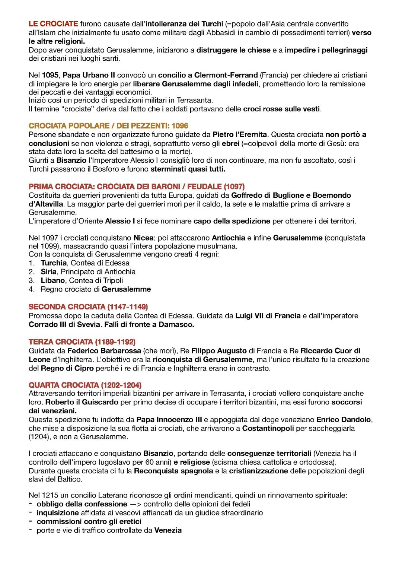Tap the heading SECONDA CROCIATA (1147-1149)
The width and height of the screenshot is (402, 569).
pos(88,307)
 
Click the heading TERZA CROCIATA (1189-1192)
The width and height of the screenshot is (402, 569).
pos(82,342)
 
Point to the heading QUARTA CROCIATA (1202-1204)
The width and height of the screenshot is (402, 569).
pos(85,385)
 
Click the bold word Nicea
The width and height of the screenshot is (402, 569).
pos(143,238)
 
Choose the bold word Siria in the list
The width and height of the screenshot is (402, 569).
pos(49,272)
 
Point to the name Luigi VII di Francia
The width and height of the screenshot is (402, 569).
pos(268,316)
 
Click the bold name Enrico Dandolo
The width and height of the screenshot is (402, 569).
pos(344,420)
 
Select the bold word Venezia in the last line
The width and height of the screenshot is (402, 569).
pos(168,530)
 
